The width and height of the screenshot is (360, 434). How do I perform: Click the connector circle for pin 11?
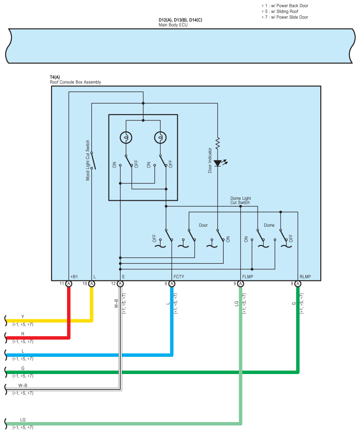tap(69, 284)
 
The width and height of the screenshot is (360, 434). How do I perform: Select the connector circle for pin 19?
tap(92, 284)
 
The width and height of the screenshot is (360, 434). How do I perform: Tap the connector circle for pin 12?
tap(120, 284)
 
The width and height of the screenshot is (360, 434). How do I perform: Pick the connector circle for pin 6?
tap(172, 284)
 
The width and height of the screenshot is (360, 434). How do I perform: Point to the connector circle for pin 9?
tap(240, 284)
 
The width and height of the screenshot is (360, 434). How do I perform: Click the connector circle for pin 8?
tap(298, 284)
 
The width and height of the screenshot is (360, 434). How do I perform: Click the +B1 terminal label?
tap(74, 277)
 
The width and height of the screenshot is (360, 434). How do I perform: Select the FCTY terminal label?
tap(179, 277)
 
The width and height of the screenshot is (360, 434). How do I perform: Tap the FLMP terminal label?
tap(248, 277)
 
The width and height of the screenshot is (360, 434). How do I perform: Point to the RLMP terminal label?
tap(305, 277)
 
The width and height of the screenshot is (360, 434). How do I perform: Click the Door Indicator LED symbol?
tap(217, 163)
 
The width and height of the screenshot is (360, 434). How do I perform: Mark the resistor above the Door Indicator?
tap(217, 142)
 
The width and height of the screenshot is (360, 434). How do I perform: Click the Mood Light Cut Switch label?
tap(87, 161)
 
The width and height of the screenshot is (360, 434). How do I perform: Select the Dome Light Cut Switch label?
tap(240, 200)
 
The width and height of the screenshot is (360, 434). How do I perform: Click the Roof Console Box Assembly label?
tap(75, 82)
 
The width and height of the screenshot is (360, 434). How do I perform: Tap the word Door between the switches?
tap(203, 225)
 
